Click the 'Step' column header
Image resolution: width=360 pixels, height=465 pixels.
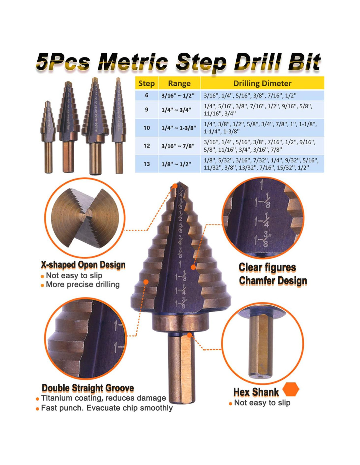tap(147, 83)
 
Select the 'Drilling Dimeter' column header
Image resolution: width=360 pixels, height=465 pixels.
tap(262, 83)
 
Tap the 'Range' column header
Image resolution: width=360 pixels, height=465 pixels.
tap(179, 83)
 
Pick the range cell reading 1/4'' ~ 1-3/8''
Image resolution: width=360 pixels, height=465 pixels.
tap(179, 128)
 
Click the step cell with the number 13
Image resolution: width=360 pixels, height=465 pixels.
tap(147, 164)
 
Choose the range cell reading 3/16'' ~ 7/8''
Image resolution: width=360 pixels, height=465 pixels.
tap(178, 146)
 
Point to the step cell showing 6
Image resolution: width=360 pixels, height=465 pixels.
tap(147, 95)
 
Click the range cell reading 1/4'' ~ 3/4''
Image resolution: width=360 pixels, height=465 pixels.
tap(176, 110)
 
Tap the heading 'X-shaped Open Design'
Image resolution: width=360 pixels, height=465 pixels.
tap(83, 265)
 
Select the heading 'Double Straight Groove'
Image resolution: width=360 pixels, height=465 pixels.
tap(88, 388)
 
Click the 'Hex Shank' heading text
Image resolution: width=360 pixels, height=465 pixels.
tap(256, 392)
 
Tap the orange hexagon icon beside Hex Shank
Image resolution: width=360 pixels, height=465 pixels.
tap(291, 389)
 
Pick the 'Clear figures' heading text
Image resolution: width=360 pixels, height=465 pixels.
tap(267, 267)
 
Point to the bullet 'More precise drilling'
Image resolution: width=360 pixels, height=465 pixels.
tap(83, 284)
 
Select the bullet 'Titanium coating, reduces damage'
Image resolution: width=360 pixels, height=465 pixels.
tap(103, 398)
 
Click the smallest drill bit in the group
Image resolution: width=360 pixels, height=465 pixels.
tap(48, 137)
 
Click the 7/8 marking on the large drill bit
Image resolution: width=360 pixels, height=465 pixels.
tap(179, 253)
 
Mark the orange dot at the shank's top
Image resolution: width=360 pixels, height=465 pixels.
tap(189, 335)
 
